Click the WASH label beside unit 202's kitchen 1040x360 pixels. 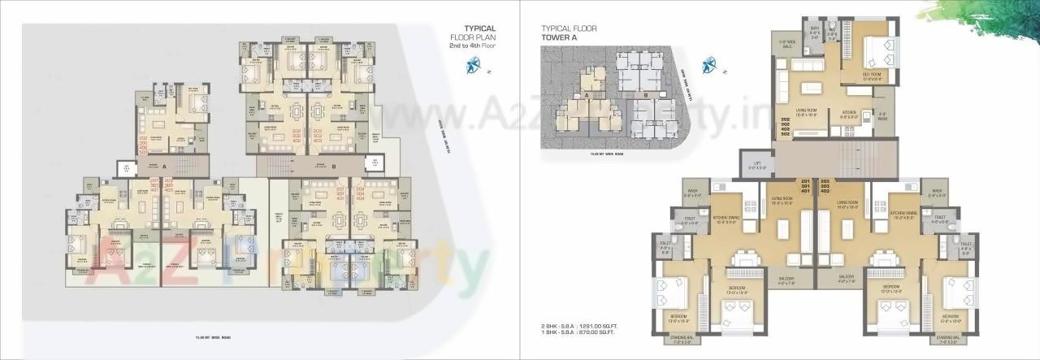pos(882,115)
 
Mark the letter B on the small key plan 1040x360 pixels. pos(643,95)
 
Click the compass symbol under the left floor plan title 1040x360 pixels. pos(472,68)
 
